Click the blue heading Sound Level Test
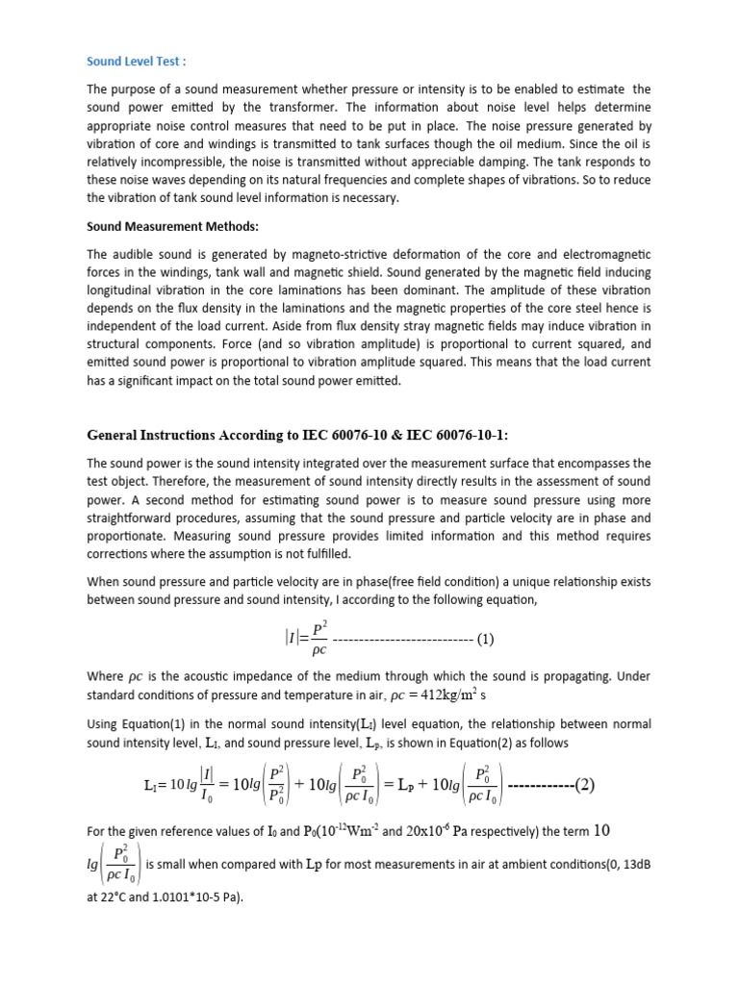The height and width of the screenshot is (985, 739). pos(136,62)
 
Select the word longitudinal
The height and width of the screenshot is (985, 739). pos(127,290)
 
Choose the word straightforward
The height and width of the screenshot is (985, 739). pos(136,518)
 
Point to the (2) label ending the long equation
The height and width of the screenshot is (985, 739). pos(584,784)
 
